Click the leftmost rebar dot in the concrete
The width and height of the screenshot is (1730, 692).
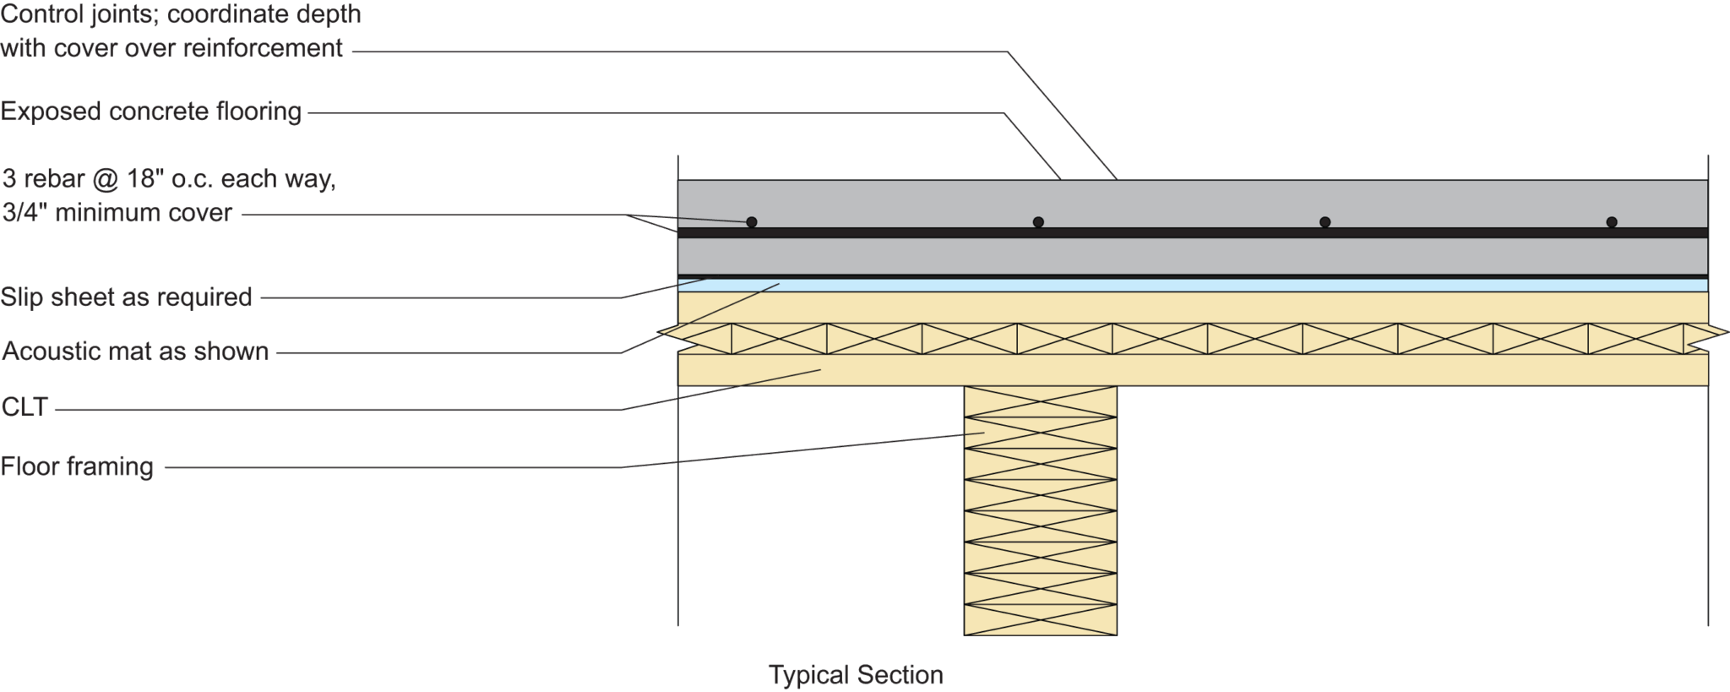tap(751, 222)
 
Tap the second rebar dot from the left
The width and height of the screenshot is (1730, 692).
tap(1038, 222)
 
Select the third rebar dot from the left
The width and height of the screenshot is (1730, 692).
tap(1325, 222)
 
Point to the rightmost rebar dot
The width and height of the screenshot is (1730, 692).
tap(1612, 222)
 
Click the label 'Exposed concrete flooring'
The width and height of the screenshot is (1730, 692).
tap(151, 112)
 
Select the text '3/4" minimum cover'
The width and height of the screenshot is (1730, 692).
tap(117, 212)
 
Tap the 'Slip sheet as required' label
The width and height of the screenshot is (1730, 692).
tap(127, 297)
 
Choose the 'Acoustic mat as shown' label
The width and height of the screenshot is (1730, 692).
tap(135, 351)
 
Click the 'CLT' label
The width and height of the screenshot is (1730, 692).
tap(25, 409)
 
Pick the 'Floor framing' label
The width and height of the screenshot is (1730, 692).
tap(77, 466)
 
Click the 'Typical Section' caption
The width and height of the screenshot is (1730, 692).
tap(855, 675)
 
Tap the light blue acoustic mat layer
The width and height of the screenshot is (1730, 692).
tap(1183, 286)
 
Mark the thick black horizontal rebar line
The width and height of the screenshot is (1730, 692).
tap(1183, 232)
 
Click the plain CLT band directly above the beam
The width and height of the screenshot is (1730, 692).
tap(1040, 370)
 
